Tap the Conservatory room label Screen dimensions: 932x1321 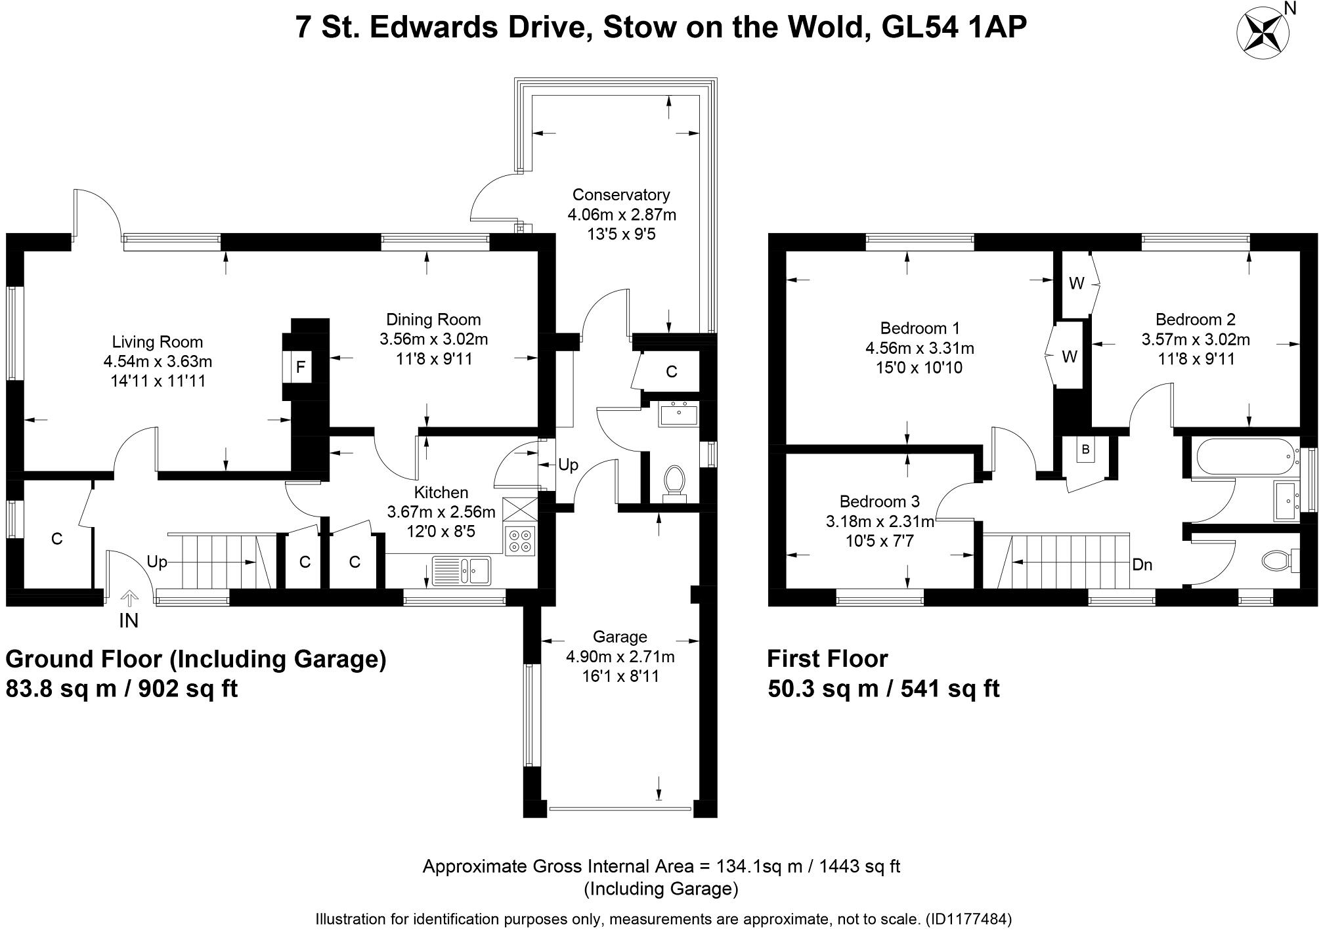[620, 195]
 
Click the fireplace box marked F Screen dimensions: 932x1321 [301, 366]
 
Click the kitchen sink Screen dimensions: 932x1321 [462, 570]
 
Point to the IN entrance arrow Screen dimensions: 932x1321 [129, 599]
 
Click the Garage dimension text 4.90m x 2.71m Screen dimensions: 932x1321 [620, 656]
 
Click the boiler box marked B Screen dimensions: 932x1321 [1085, 450]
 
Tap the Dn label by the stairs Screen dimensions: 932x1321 [1142, 564]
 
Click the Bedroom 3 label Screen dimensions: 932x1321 [879, 502]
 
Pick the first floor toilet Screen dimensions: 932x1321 [1277, 560]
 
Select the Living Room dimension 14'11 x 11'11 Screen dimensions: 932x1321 [158, 381]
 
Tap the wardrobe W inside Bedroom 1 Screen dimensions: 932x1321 [1070, 356]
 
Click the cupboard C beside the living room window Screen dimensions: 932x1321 [57, 539]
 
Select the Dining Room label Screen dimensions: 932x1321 [433, 320]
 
